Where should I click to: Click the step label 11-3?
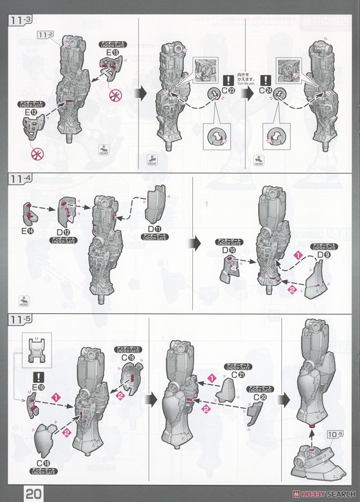(20, 20)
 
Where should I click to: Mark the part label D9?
(324, 255)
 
